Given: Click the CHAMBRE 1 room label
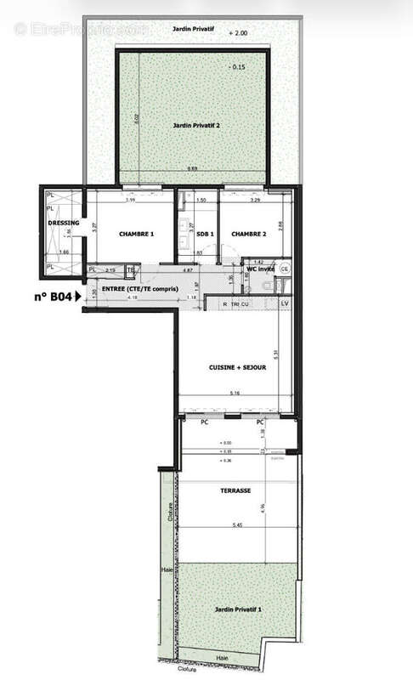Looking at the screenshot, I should (x=136, y=235).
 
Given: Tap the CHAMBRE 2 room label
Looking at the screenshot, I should (x=251, y=235).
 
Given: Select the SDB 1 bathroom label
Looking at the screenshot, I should (x=205, y=235).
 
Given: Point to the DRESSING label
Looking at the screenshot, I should (x=65, y=223).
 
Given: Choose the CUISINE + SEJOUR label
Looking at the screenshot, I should (x=238, y=367).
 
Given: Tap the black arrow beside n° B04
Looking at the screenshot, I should (x=79, y=297).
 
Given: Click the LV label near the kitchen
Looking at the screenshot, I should (x=285, y=303).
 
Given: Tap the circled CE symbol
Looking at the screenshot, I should (x=285, y=269).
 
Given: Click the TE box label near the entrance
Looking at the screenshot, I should (x=131, y=271).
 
